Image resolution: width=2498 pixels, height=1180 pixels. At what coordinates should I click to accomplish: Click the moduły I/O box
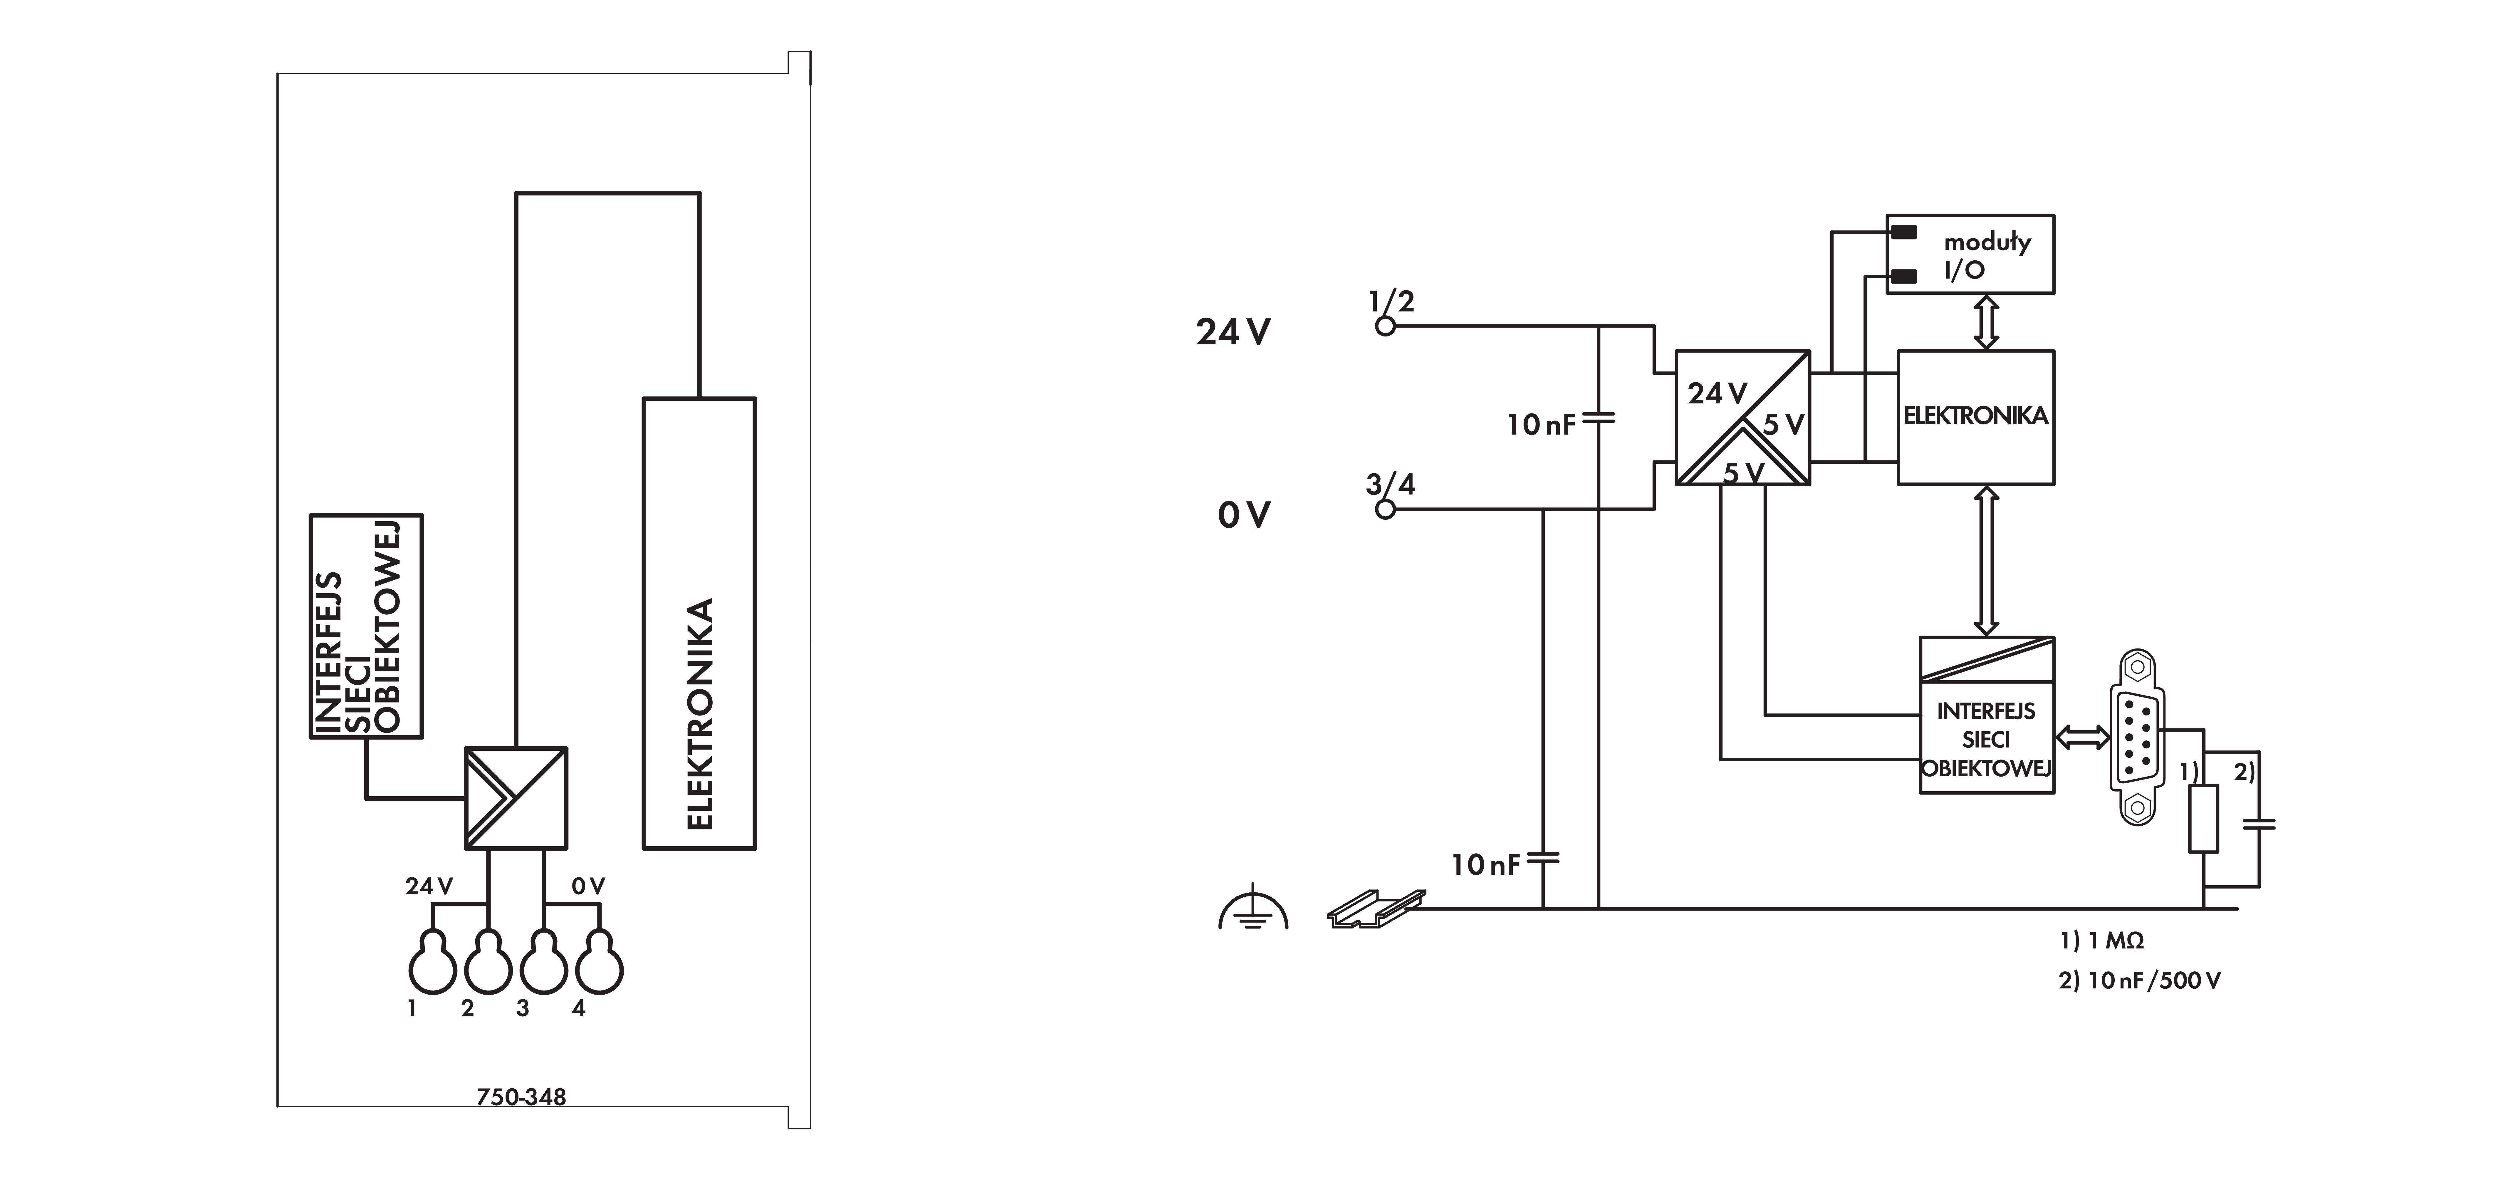1970,254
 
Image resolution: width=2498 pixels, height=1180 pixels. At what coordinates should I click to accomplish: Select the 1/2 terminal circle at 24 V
1386,327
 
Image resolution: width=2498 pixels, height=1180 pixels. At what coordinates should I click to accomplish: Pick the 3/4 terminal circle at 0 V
1386,509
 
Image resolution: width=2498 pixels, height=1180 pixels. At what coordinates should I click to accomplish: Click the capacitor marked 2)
2259,824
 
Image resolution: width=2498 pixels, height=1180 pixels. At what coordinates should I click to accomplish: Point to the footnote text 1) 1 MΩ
2102,941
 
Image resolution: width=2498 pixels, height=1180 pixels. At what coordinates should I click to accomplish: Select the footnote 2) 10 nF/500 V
2139,980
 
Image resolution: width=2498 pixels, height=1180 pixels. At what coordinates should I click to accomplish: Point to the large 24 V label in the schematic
1233,333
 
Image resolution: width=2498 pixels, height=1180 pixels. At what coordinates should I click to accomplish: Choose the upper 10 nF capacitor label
1541,425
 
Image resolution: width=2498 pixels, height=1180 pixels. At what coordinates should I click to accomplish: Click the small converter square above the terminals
516,798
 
